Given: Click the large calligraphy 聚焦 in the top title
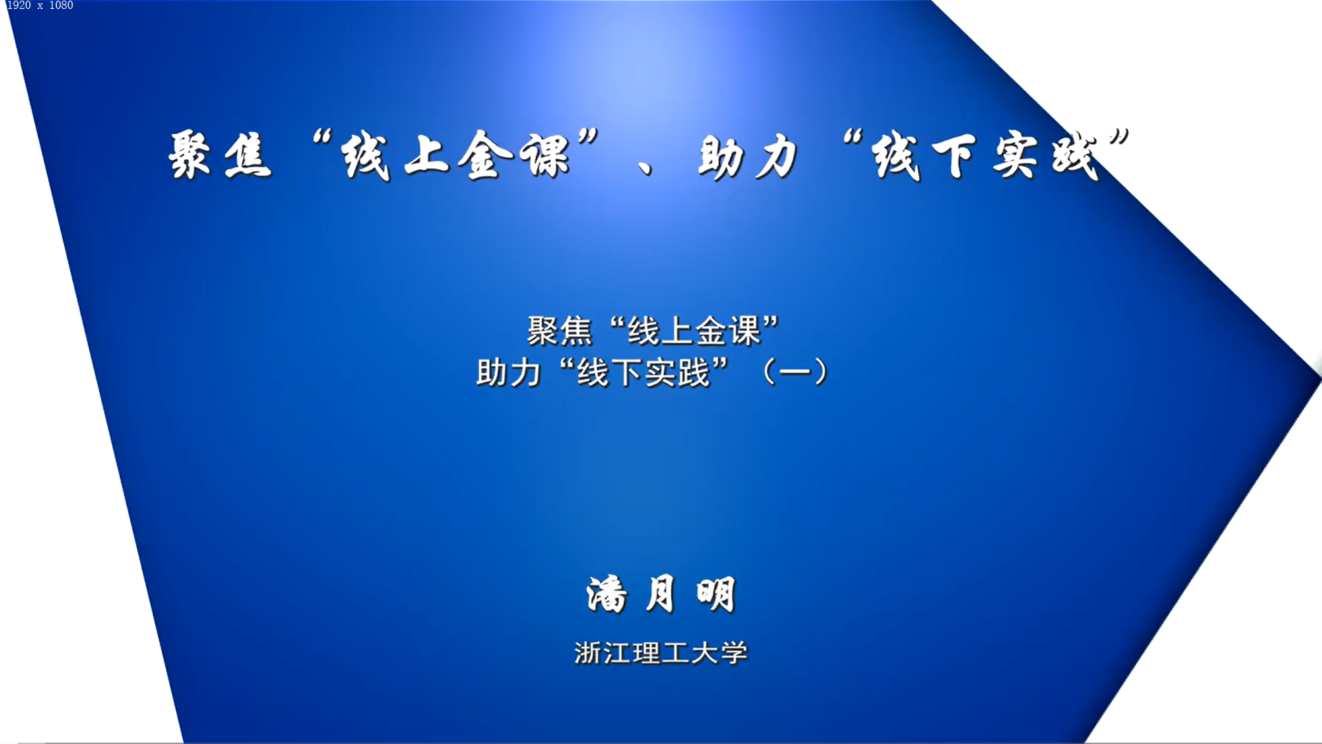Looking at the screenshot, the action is pos(220,155).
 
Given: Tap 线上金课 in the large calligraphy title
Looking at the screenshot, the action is pos(456,155).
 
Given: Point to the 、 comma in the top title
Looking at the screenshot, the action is pos(645,167).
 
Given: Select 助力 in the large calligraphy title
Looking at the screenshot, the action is pos(748,157).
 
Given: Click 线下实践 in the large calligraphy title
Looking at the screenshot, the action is pos(985,156).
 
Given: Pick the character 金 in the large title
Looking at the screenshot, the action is pos(485,155).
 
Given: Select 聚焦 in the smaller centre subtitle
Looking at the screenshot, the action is pos(559,331).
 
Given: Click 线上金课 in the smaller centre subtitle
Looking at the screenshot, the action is pos(694,331).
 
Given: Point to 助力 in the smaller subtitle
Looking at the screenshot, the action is pos(509,373).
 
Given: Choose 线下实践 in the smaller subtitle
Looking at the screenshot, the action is pos(644,373).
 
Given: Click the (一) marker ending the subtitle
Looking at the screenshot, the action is pos(795,372).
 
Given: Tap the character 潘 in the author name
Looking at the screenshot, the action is pos(607,594).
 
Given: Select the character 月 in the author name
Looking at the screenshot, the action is pos(660,594).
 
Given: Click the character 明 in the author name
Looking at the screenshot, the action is pos(716,594).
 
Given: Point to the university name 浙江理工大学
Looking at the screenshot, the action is pos(661,652).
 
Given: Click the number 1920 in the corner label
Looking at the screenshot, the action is pos(19,6).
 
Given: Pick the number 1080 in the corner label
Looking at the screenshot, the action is pos(61,6).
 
